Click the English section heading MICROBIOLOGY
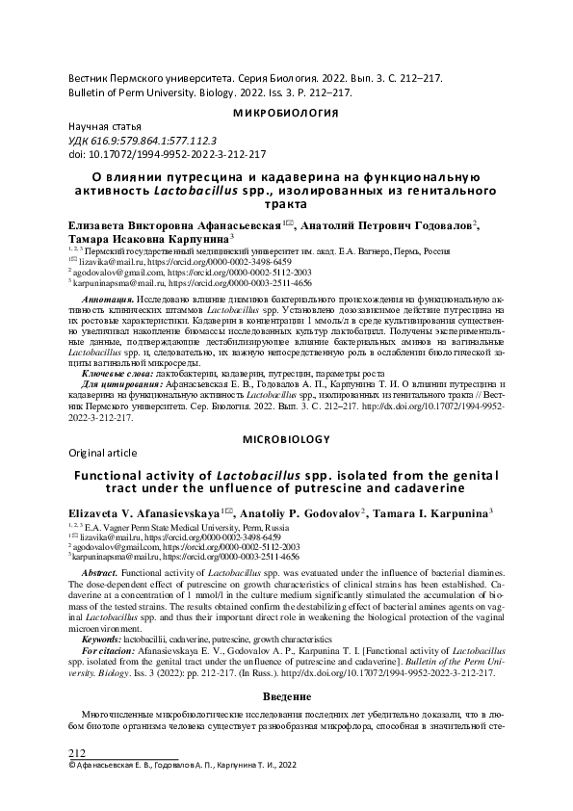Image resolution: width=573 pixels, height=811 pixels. (286, 438)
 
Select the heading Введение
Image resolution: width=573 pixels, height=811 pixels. (286, 695)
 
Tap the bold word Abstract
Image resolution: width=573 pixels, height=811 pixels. (99, 571)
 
